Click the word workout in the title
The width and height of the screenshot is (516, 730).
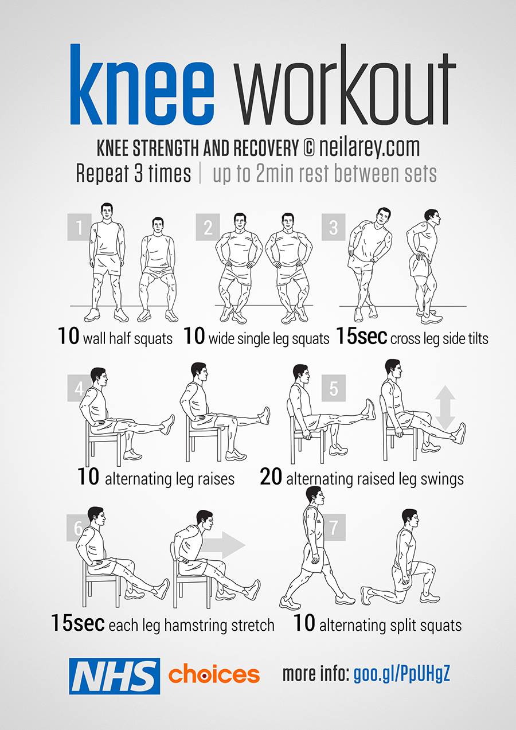[346, 85]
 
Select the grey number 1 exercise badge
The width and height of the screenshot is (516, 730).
[79, 227]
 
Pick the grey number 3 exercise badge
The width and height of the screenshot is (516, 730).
[333, 227]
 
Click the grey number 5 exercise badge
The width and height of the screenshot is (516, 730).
[333, 388]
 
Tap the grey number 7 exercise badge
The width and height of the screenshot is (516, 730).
[333, 527]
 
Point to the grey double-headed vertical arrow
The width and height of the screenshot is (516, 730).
[445, 407]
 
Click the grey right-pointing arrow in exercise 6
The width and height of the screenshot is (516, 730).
[222, 545]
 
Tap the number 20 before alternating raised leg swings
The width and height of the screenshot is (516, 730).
[271, 477]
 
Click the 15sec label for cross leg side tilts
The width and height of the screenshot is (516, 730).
[361, 335]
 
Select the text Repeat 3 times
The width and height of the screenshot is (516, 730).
[134, 174]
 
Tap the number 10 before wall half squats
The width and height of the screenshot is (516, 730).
[68, 335]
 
